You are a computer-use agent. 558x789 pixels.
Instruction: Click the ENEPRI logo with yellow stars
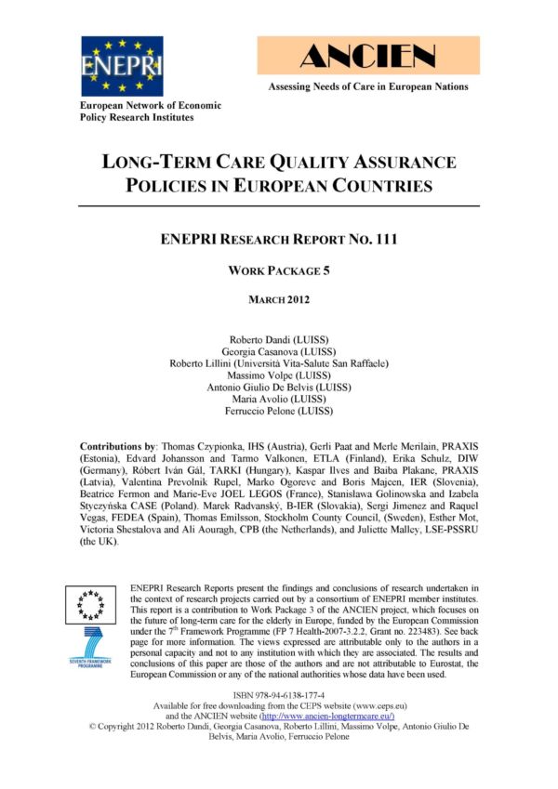[x=122, y=66]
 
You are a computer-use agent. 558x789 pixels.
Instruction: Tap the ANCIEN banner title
[x=368, y=56]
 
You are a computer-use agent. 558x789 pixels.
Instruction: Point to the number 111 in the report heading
[x=383, y=240]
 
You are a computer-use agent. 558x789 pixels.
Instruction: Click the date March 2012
[x=279, y=299]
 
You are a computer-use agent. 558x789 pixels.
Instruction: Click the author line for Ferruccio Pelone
[x=279, y=410]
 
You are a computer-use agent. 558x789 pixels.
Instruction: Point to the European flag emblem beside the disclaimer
[x=89, y=604]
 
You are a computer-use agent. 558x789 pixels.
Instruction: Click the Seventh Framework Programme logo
[x=89, y=649]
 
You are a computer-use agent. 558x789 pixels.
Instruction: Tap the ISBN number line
[x=279, y=693]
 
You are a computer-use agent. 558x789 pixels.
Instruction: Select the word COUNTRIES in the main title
[x=370, y=186]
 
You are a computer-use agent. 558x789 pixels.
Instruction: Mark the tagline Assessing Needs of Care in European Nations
[x=368, y=87]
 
